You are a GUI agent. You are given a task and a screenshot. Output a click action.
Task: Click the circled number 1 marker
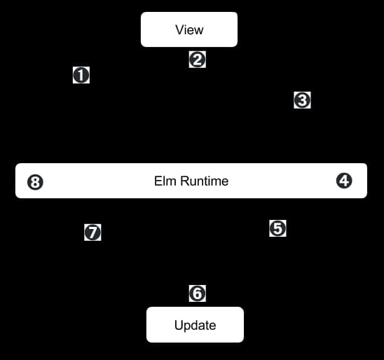pos(81,75)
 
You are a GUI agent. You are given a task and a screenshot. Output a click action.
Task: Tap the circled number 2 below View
pos(198,60)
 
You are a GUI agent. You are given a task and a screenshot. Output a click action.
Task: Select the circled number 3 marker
pos(302,100)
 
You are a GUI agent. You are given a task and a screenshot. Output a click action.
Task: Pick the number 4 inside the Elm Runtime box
pos(344,181)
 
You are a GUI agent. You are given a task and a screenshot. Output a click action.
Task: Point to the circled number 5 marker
pos(277,228)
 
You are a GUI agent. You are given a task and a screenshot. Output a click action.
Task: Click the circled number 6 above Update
pos(198,293)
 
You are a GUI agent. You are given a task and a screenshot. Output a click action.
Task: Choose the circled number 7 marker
pos(92,233)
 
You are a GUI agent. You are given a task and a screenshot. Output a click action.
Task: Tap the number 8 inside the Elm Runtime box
pos(35,182)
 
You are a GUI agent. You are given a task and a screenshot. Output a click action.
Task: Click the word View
pos(189,30)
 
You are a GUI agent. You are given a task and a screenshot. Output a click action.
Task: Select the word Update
pos(196,326)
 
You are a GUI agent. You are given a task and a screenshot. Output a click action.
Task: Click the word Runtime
pos(205,181)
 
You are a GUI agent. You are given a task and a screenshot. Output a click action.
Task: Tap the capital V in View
pos(179,29)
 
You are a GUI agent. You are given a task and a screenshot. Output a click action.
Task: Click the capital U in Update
pos(179,325)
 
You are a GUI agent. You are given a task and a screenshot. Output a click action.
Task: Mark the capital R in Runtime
pos(185,181)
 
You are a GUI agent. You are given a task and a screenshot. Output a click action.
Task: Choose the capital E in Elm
pos(158,181)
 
